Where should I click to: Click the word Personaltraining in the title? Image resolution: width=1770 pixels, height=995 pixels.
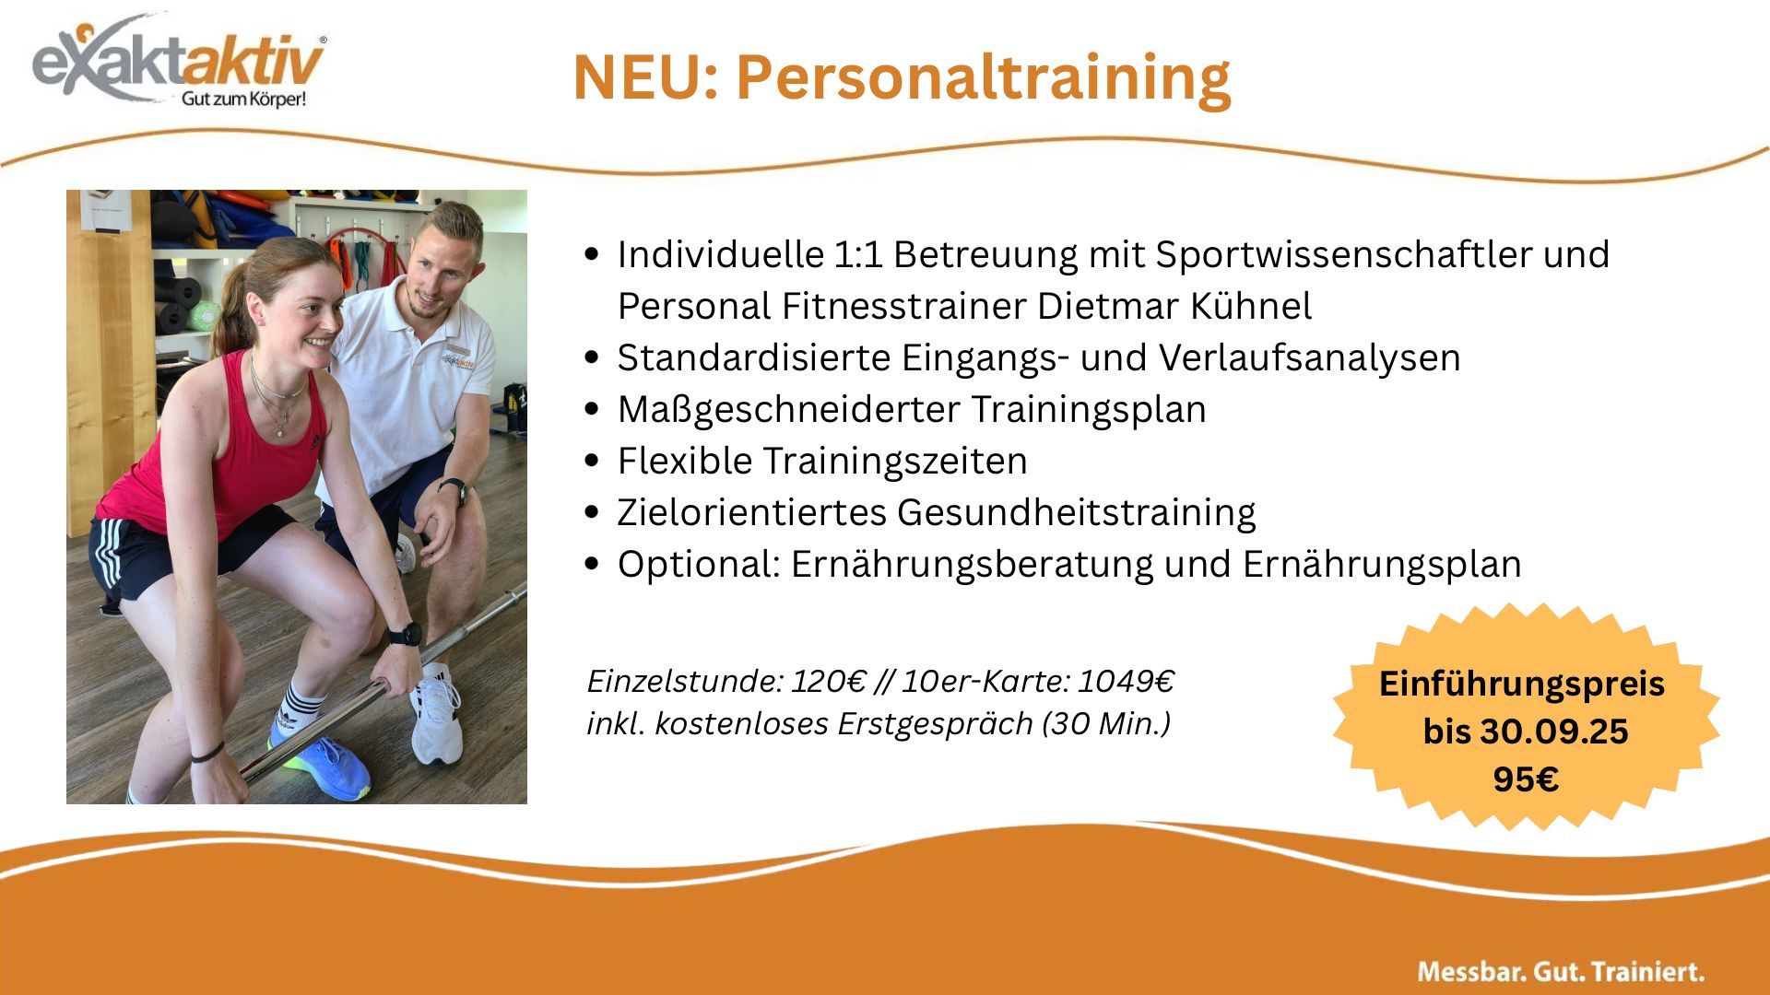coord(983,77)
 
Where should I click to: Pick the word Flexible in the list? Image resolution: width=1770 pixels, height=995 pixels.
coord(685,461)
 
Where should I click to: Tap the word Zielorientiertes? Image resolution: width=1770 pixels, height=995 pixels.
coord(752,512)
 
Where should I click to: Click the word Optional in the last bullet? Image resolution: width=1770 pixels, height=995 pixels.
coord(699,564)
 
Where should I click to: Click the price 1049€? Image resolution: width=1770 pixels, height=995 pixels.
coord(1126,682)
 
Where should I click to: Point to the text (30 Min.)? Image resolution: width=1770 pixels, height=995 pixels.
coord(1106,724)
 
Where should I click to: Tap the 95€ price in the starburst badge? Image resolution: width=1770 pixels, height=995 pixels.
coord(1526,779)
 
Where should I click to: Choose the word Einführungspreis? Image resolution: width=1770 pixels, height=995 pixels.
coord(1522,685)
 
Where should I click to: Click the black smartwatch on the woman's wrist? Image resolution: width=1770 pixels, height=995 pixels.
coord(404,635)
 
